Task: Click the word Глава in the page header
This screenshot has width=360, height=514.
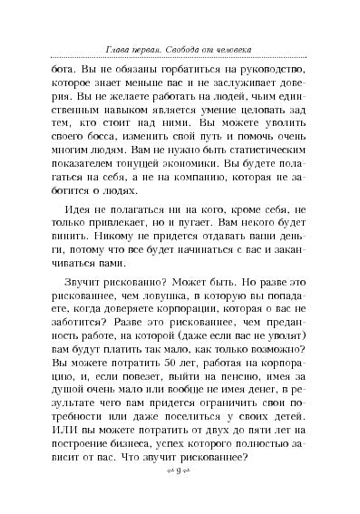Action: [x=112, y=47]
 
